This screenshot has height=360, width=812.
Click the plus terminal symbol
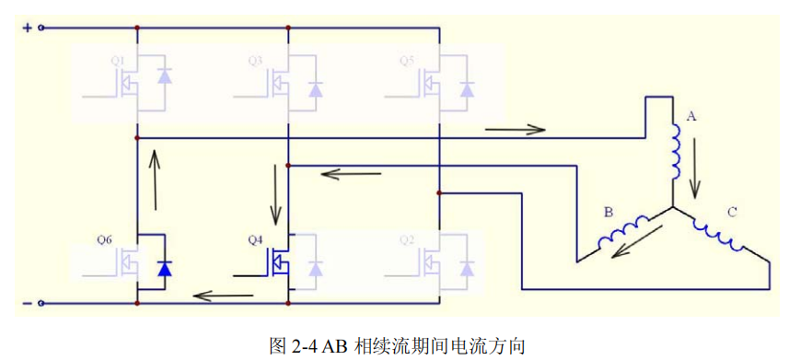tap(27, 28)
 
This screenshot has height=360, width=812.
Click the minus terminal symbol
tap(27, 303)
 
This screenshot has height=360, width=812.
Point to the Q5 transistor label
tap(406, 61)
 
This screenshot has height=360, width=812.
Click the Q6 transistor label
tap(103, 239)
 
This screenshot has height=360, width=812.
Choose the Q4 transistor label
tap(255, 239)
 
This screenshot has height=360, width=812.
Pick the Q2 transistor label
tap(406, 239)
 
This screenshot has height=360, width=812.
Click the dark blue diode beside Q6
tap(164, 268)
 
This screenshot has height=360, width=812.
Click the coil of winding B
tap(624, 233)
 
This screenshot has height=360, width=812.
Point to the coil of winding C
tap(721, 234)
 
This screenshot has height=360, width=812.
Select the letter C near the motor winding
tap(732, 212)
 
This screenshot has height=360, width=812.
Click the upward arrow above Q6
tap(154, 180)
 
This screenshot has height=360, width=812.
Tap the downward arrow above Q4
tap(275, 190)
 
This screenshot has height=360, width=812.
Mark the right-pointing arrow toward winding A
tap(516, 129)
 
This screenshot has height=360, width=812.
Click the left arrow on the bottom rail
tap(223, 296)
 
